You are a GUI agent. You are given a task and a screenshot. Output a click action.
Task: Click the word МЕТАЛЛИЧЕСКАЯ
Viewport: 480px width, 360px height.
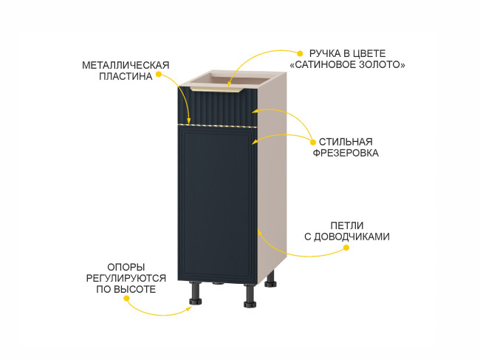[x=126, y=65]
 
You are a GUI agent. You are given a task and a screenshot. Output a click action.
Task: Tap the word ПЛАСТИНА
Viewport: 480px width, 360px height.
[x=126, y=76]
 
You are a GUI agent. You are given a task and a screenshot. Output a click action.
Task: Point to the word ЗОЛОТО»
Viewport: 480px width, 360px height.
[x=382, y=64]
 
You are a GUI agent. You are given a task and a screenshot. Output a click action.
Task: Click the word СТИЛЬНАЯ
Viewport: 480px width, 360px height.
[x=346, y=142]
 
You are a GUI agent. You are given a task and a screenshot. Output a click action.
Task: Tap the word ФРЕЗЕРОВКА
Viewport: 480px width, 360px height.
[x=346, y=153]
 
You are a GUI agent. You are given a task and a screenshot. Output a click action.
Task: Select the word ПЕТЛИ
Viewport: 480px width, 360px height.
[x=347, y=225]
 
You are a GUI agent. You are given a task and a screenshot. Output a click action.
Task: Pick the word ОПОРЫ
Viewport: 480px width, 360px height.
[x=126, y=267]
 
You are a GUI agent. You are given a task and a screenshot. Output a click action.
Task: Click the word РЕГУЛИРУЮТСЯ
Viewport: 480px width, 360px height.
[x=126, y=278]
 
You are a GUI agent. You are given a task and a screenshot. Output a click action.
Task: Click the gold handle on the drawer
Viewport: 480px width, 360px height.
[x=216, y=89]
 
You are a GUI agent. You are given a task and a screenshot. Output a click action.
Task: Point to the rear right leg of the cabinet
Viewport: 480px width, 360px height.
[x=270, y=279]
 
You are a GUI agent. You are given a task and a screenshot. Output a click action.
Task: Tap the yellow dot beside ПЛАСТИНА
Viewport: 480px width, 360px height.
[x=158, y=74]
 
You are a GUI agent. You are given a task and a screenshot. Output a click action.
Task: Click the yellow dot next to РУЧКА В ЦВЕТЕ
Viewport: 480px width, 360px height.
[x=300, y=54]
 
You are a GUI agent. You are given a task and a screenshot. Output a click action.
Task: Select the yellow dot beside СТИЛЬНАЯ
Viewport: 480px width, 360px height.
[x=313, y=143]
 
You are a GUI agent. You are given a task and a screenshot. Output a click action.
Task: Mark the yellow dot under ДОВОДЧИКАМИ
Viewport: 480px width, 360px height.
[x=346, y=248]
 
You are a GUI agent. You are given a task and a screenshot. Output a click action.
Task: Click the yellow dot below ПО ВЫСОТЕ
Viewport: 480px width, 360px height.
[x=126, y=299]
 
